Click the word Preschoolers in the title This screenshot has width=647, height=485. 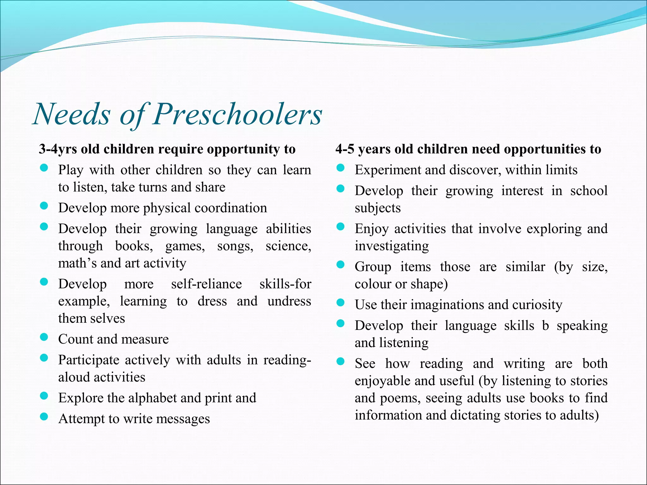238,114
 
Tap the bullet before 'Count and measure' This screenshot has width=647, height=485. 44,338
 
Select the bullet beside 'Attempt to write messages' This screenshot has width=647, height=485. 44,417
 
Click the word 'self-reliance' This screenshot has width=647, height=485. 206,284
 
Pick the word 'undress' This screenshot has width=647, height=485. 289,301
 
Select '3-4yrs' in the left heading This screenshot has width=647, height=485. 58,149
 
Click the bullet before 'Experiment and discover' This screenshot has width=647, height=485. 340,168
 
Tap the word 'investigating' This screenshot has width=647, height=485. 391,246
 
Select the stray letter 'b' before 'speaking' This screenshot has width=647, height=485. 546,326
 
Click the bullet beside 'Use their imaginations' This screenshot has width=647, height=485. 340,303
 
